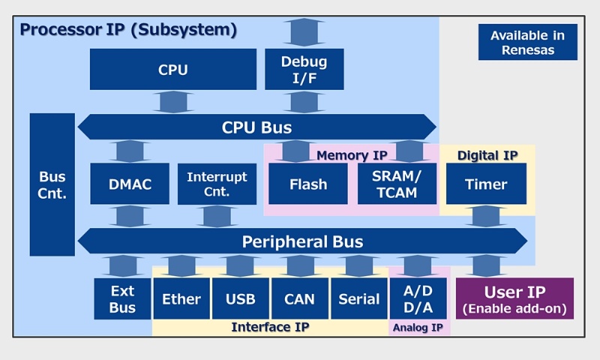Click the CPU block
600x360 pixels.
click(173, 70)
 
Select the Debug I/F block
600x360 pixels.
click(304, 69)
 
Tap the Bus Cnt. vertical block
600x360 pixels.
click(52, 184)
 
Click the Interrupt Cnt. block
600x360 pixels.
click(217, 184)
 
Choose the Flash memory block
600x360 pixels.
click(308, 184)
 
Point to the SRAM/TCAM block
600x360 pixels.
click(397, 184)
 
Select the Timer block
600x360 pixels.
click(486, 184)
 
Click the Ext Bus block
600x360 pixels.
click(122, 298)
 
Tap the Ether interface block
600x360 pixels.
click(181, 298)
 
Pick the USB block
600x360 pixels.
click(241, 298)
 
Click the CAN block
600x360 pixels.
click(300, 298)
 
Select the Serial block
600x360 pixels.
click(359, 298)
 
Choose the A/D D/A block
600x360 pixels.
click(418, 298)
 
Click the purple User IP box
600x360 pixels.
click(514, 298)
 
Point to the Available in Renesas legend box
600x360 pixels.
click(528, 43)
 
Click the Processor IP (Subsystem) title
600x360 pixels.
click(128, 31)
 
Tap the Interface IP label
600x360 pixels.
click(270, 327)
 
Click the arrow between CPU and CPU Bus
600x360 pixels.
click(173, 102)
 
